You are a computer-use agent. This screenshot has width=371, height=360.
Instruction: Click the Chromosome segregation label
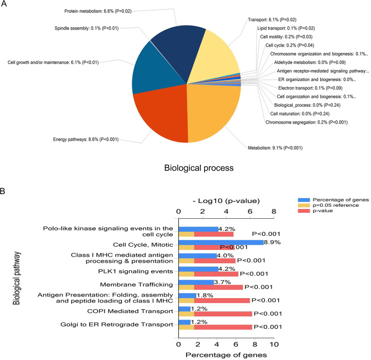[x=297, y=123]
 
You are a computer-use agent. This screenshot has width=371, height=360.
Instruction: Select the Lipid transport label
[x=281, y=28]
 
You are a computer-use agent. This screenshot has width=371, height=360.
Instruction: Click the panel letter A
[x=5, y=5]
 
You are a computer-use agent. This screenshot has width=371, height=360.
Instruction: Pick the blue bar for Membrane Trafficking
[x=196, y=282]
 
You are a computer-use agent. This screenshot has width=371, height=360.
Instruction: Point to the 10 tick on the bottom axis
[x=275, y=345]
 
